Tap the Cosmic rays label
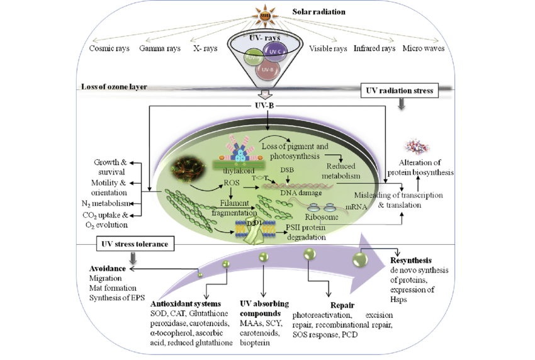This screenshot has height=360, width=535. [110, 48]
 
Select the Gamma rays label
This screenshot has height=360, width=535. [160, 48]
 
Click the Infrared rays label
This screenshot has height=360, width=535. [374, 48]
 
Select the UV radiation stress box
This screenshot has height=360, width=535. [400, 91]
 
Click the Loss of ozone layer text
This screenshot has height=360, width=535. [114, 87]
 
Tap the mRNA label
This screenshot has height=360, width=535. [357, 205]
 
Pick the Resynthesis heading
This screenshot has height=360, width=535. [414, 259]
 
